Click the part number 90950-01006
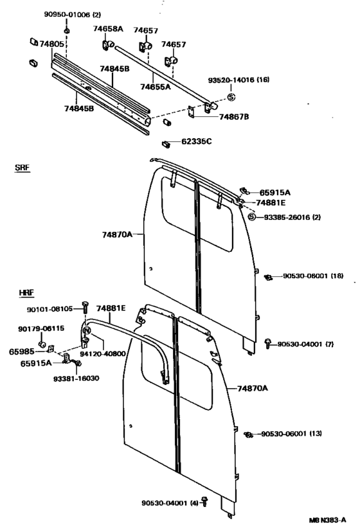click(x=67, y=14)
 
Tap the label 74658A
click(x=108, y=29)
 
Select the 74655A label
click(x=156, y=87)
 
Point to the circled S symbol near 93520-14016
click(x=231, y=97)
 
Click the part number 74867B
click(x=234, y=117)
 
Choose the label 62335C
click(x=197, y=141)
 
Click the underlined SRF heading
click(x=22, y=168)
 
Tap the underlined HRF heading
click(x=26, y=292)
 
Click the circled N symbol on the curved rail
click(x=87, y=330)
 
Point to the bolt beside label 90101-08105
click(x=85, y=307)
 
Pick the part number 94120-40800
click(x=102, y=353)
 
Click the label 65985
click(x=21, y=351)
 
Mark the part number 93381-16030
click(x=76, y=378)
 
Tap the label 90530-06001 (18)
click(x=313, y=276)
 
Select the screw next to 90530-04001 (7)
click(x=267, y=344)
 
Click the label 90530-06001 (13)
click(x=291, y=434)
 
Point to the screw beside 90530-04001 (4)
click(x=204, y=502)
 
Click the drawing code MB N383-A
click(x=327, y=520)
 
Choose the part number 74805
click(x=51, y=44)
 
